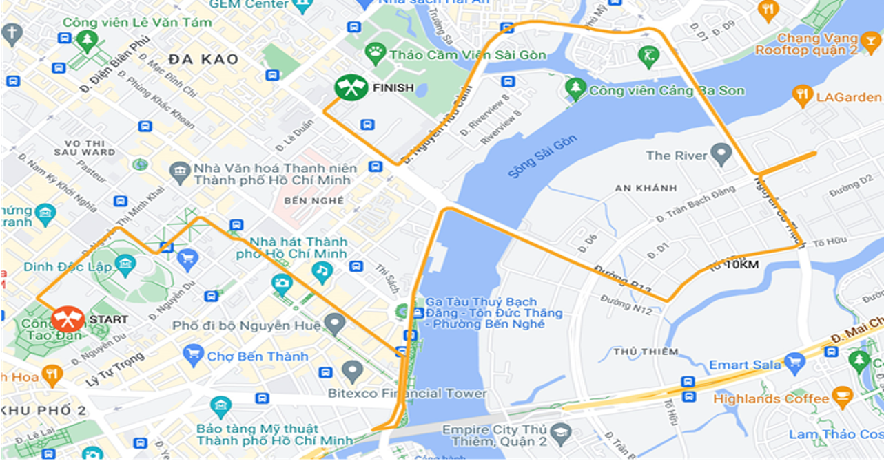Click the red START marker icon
coord(68,319)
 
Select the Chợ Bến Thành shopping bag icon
coord(193,356)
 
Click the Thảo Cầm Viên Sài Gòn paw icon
coord(376,52)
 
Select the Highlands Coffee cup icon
coord(842,397)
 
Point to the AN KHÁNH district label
coord(646,188)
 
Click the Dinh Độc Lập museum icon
coord(125,264)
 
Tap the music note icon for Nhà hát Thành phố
coord(321,270)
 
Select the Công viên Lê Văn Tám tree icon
coord(87,41)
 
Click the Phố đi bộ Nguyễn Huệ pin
coord(335,322)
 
